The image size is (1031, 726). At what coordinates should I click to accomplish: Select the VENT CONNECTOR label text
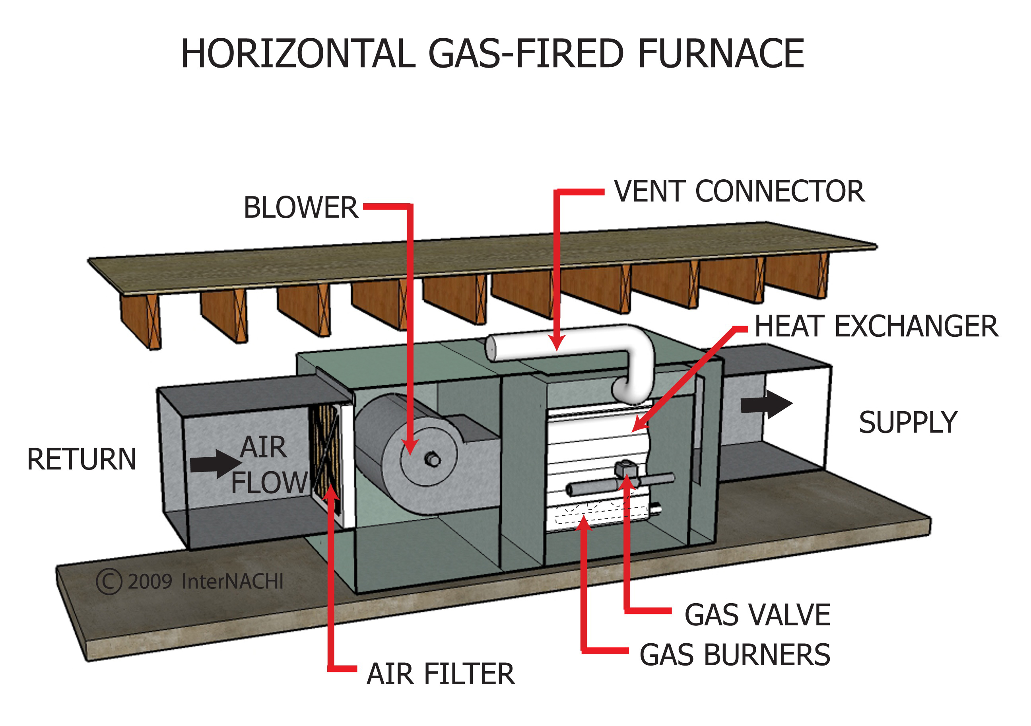click(x=739, y=192)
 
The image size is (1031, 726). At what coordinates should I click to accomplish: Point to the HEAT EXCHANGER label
click(x=876, y=326)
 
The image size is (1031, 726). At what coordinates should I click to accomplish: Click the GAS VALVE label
click(x=757, y=615)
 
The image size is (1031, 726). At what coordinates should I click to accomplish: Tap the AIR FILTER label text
click(x=441, y=674)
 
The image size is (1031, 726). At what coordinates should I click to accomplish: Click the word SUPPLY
click(x=908, y=423)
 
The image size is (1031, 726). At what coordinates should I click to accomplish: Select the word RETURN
click(x=82, y=459)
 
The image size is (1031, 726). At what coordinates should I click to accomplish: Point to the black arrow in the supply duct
click(x=766, y=404)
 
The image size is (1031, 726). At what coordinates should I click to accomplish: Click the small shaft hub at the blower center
click(x=433, y=460)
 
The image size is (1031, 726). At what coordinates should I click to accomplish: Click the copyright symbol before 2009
click(x=109, y=582)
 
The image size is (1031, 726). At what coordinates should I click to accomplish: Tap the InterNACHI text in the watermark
click(x=233, y=582)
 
